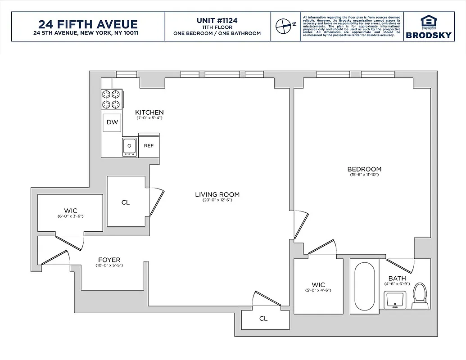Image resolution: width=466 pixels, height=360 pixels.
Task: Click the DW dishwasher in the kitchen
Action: [x=113, y=122]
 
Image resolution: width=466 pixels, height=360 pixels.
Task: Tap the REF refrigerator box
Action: [x=149, y=146]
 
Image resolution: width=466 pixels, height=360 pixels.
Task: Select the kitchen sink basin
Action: [x=130, y=146]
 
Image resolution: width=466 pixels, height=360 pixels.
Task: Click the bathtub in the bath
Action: [x=364, y=287]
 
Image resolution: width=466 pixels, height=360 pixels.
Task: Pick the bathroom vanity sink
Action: [x=395, y=299]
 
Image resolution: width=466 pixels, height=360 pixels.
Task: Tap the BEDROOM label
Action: [x=364, y=169]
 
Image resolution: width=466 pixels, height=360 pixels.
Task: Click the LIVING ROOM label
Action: [x=217, y=194]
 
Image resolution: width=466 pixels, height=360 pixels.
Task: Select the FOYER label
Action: [x=109, y=260]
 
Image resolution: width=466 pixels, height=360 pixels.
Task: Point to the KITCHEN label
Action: [x=149, y=112]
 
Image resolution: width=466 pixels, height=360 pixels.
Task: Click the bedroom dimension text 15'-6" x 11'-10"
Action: [x=364, y=175]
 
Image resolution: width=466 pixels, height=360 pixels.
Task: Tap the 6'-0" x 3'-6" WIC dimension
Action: [x=71, y=216]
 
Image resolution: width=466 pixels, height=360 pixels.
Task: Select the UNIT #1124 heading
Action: [x=217, y=20]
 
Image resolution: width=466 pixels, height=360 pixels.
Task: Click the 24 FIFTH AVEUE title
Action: [x=88, y=24]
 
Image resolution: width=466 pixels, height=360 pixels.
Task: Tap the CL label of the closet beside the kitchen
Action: [x=126, y=202]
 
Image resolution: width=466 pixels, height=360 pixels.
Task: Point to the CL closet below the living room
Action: [x=263, y=319]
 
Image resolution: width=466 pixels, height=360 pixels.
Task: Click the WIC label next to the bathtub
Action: [x=318, y=285]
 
